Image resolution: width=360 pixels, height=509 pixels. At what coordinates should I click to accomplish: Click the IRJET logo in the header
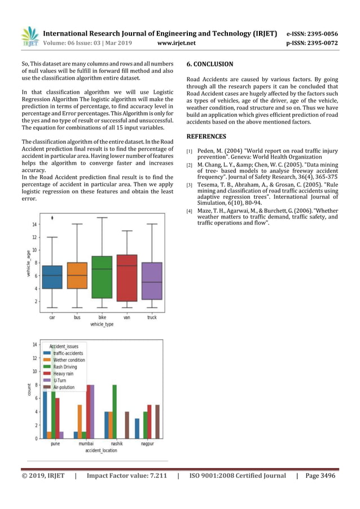tap(30, 37)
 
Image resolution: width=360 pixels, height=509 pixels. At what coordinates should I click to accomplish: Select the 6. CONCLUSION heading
tap(209, 64)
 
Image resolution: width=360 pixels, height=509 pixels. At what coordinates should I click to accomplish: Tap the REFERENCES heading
tap(206, 137)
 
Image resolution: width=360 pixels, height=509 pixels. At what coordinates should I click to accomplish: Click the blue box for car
tap(52, 277)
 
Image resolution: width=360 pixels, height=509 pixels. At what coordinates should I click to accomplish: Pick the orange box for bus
tap(77, 275)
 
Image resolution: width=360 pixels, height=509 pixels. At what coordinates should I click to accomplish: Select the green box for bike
tap(102, 277)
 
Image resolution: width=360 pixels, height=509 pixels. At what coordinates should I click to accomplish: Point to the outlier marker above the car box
tap(52, 217)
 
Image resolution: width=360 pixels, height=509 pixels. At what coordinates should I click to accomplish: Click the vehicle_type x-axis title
tap(102, 324)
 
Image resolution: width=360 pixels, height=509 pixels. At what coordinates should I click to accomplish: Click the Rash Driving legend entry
tap(65, 367)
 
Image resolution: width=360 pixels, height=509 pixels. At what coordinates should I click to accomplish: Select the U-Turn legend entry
tap(61, 381)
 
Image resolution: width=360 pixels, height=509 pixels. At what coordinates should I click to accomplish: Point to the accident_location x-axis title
tap(102, 451)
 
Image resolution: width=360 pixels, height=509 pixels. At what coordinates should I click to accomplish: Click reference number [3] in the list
tap(190, 185)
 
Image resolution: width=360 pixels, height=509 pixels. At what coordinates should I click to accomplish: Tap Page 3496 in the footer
tap(320, 476)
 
